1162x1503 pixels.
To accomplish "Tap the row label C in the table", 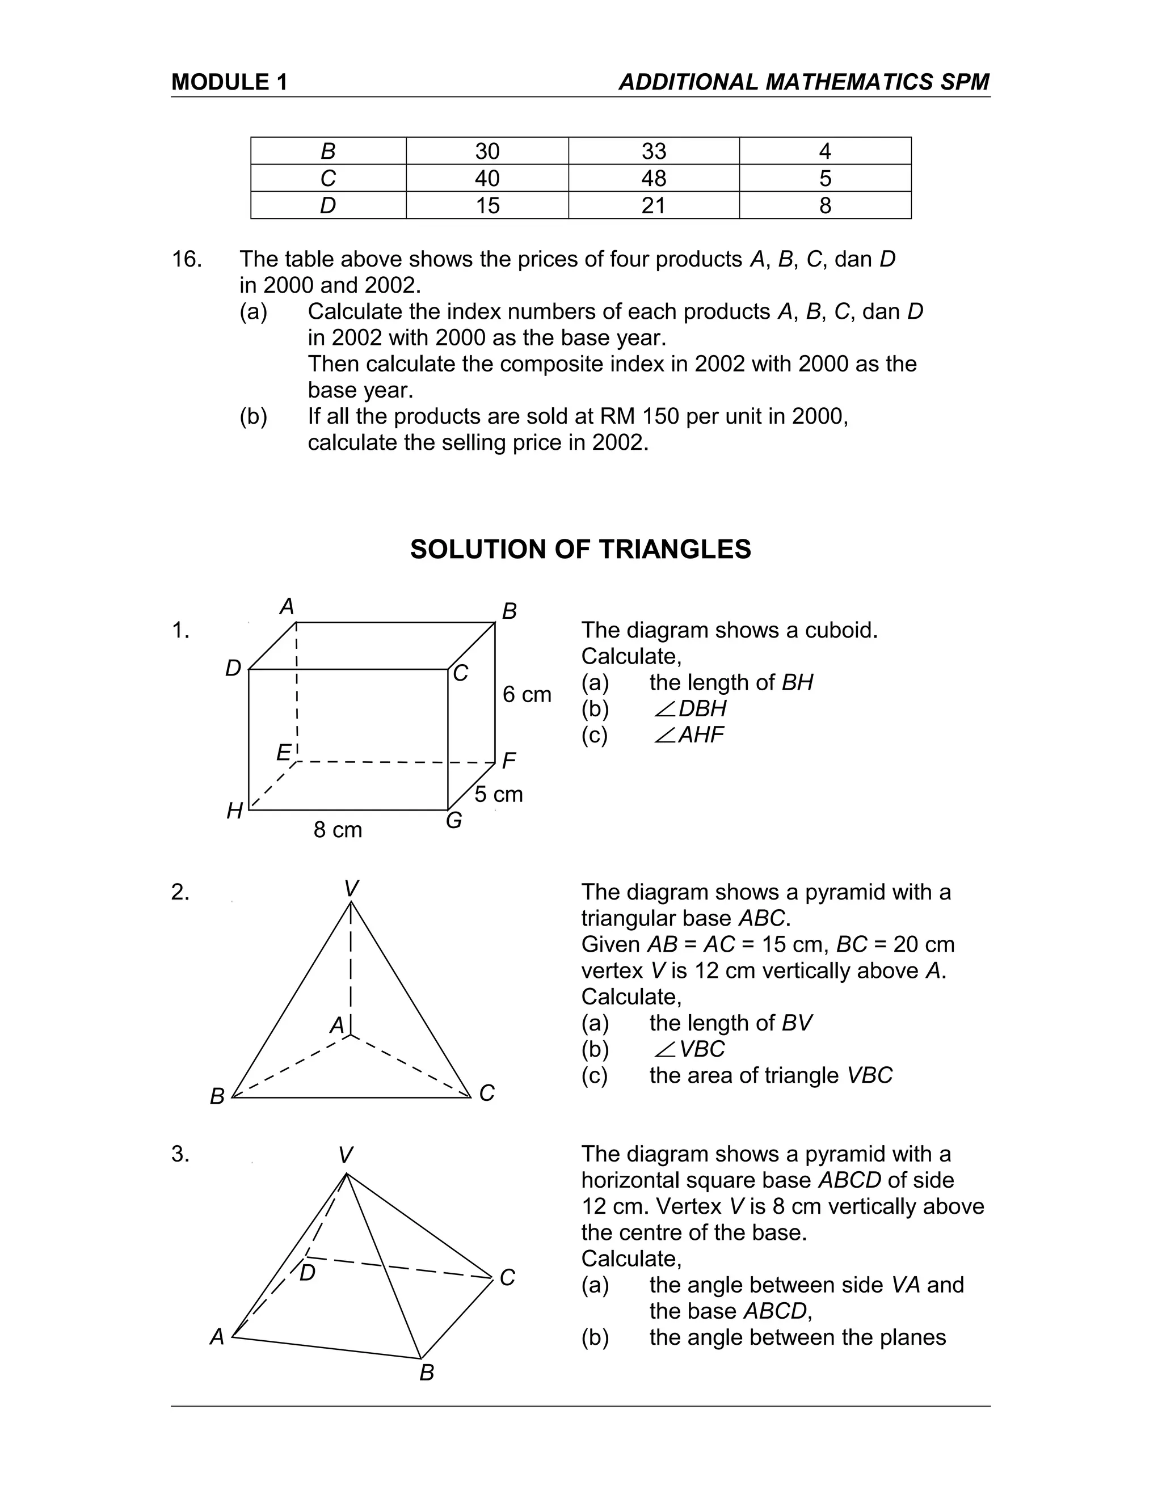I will click(x=328, y=178).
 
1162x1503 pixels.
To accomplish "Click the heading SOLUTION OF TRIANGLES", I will click(x=580, y=549).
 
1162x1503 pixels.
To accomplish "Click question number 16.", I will click(x=186, y=259).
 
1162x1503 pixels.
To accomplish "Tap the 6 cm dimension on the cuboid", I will click(x=527, y=694).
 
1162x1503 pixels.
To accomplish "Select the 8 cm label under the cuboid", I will click(x=338, y=829).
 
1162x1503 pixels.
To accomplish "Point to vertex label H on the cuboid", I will click(x=235, y=812).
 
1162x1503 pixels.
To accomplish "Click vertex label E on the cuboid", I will click(x=283, y=753).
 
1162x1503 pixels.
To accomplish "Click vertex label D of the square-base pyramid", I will click(x=308, y=1273).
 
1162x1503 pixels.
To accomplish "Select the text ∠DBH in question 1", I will click(x=690, y=708).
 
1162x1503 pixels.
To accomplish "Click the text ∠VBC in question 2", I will click(x=690, y=1049).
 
